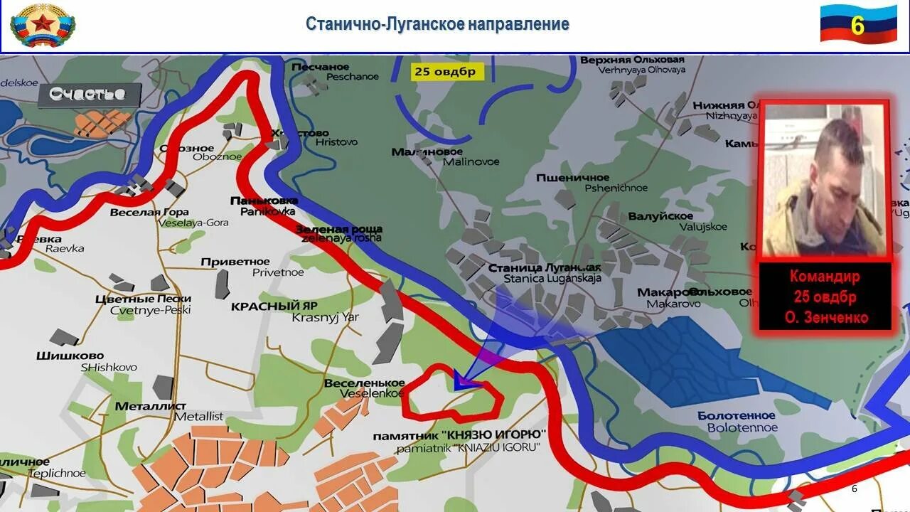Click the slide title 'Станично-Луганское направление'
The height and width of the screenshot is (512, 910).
(x=437, y=23)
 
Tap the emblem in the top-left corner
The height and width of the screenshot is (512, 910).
(x=43, y=25)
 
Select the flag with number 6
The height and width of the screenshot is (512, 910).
(x=858, y=24)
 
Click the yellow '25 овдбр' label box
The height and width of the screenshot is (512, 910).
(x=445, y=72)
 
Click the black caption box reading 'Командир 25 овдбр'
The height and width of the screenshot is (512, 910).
(x=825, y=297)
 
